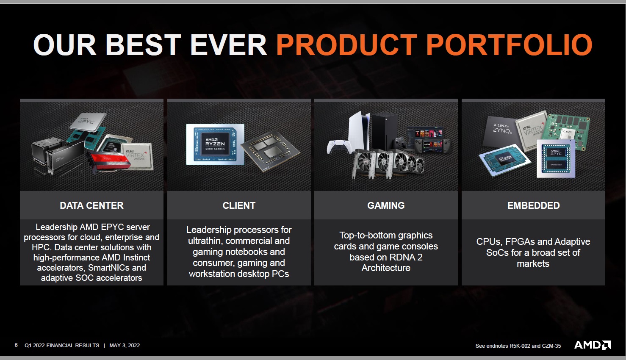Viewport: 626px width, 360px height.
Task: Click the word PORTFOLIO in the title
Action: [509, 45]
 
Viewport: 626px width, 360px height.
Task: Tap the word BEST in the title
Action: [143, 45]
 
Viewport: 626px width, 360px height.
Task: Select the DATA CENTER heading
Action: [91, 205]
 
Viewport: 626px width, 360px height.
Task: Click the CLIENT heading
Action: [239, 205]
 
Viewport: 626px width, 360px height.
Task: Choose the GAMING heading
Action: [386, 205]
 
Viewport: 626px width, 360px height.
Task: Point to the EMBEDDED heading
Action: [534, 205]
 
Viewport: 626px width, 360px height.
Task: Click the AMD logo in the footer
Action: [593, 345]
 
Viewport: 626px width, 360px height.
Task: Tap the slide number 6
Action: [16, 345]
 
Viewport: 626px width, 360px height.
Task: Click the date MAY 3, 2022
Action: [125, 346]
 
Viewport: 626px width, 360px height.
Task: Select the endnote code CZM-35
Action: [551, 346]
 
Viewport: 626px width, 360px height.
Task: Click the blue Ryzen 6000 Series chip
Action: [215, 144]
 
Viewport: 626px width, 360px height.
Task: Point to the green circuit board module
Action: [566, 132]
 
